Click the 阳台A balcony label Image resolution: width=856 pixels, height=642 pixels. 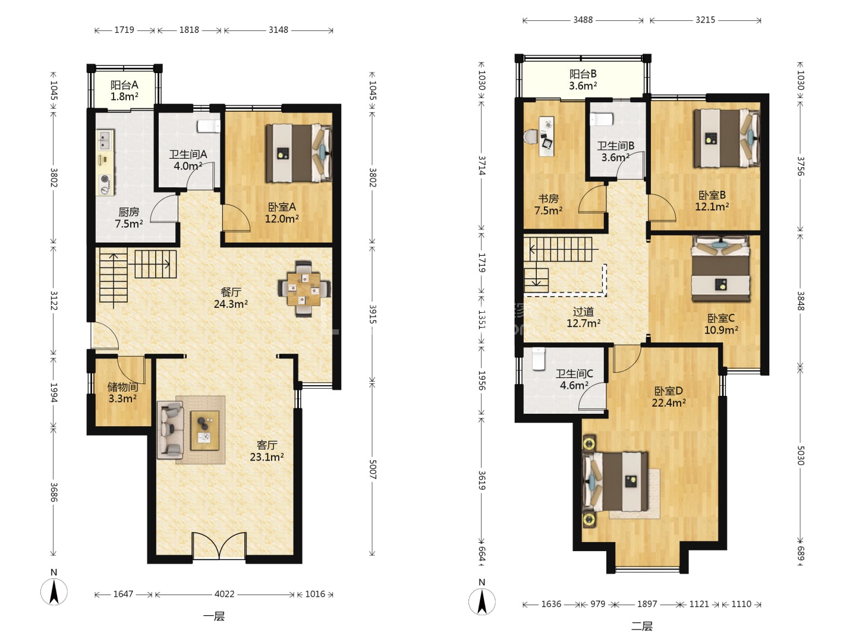(124, 90)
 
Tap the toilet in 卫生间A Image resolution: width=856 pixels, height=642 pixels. (209, 126)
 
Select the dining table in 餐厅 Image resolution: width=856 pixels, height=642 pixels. (304, 289)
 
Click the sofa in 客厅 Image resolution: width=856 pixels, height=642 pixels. (171, 430)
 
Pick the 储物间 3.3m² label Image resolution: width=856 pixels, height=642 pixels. (122, 392)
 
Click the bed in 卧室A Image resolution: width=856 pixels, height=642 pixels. (299, 153)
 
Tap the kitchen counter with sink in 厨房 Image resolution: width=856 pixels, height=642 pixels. (105, 162)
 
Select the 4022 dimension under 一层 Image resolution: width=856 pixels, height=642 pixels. (225, 594)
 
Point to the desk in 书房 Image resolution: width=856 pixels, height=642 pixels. (546, 136)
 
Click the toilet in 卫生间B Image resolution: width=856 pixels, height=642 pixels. (602, 119)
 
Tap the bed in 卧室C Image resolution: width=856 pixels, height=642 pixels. (720, 269)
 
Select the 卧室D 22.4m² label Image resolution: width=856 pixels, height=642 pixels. (668, 396)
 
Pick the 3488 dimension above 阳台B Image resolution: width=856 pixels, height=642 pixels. (583, 20)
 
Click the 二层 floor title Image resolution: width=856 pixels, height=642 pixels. (641, 627)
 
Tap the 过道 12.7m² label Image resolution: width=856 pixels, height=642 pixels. (583, 317)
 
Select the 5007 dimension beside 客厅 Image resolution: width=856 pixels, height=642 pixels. (373, 470)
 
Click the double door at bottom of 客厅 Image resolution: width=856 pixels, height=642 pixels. (219, 546)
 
